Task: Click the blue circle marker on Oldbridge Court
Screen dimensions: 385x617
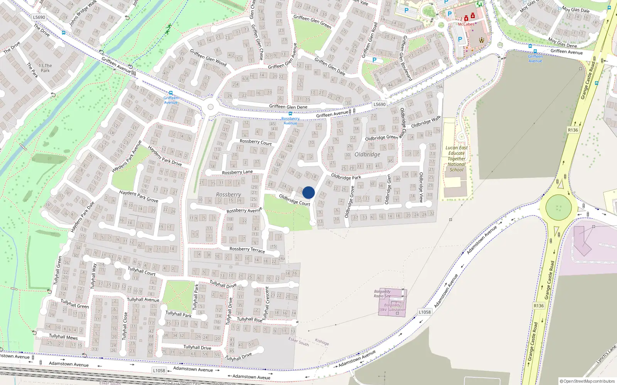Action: (308, 192)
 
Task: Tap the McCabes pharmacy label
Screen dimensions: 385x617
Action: (466, 24)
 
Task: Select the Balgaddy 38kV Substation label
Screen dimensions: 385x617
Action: (392, 307)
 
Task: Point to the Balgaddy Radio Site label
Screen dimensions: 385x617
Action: (382, 294)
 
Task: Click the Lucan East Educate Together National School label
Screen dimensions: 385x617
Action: (457, 159)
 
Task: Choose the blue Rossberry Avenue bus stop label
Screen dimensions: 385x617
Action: (290, 121)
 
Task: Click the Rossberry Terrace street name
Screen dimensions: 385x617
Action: (247, 249)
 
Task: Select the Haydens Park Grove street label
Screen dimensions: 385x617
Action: (138, 196)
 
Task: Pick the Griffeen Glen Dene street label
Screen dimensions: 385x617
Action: (288, 107)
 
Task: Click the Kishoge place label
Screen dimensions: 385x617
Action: (322, 342)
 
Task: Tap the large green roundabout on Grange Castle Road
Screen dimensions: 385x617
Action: (558, 208)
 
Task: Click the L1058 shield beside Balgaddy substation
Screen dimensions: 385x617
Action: (425, 312)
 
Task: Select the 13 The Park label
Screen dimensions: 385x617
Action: (45, 68)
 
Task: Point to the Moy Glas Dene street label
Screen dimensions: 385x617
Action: (563, 42)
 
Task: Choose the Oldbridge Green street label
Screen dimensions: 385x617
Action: (381, 137)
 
